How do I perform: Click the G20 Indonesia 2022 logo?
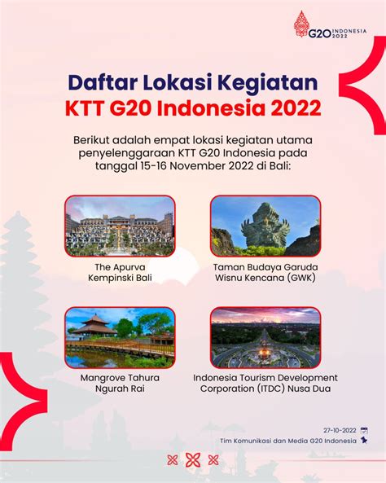(x=330, y=24)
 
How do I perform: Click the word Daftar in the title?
(x=101, y=83)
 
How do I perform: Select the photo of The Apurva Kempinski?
(x=120, y=226)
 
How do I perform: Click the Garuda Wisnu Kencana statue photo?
(x=265, y=226)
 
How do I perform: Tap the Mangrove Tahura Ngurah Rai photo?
(x=120, y=337)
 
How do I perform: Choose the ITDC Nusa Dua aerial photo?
(x=265, y=337)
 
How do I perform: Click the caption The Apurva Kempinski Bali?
(x=120, y=273)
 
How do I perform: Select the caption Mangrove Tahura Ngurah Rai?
(x=120, y=383)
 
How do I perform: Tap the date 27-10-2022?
(x=340, y=430)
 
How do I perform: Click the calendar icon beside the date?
(x=364, y=431)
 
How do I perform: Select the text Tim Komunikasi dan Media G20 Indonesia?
(x=288, y=441)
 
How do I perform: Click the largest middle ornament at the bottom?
(x=193, y=460)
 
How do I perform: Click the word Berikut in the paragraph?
(x=91, y=140)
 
